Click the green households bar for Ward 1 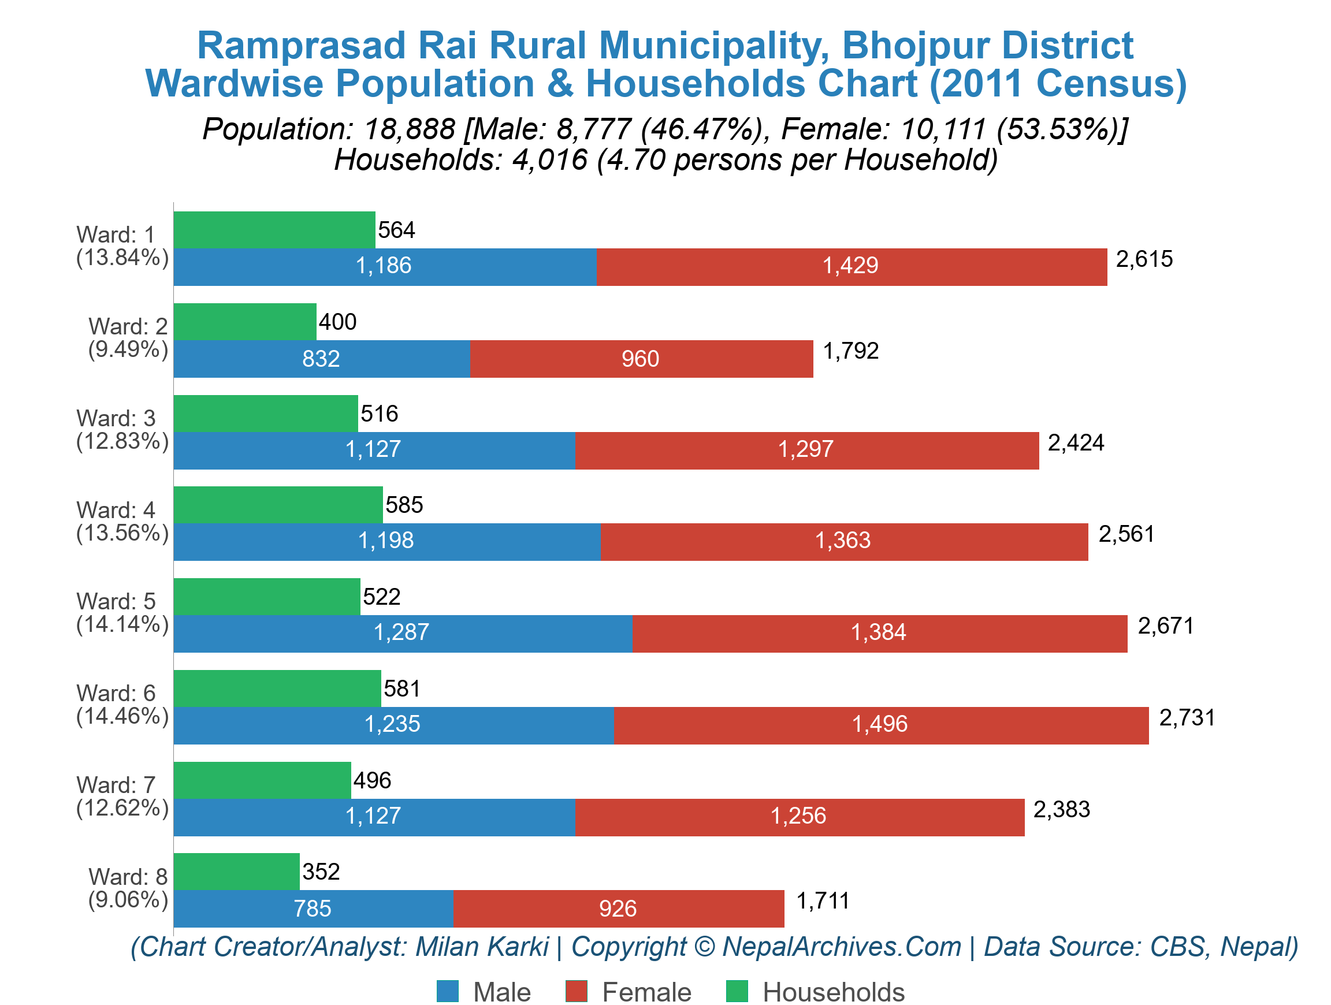point(274,230)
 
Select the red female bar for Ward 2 point(641,359)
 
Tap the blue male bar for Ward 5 point(402,632)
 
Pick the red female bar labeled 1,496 point(880,725)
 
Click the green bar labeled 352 point(236,872)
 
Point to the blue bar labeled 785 point(313,909)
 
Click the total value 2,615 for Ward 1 point(1143,259)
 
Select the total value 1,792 point(850,351)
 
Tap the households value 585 point(404,505)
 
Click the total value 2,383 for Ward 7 point(1061,810)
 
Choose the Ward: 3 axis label point(116,419)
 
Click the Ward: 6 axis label point(116,694)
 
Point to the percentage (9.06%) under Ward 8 point(128,900)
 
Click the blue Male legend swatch point(447,991)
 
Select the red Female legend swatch point(576,991)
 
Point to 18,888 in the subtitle point(409,129)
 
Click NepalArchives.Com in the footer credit point(841,947)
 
